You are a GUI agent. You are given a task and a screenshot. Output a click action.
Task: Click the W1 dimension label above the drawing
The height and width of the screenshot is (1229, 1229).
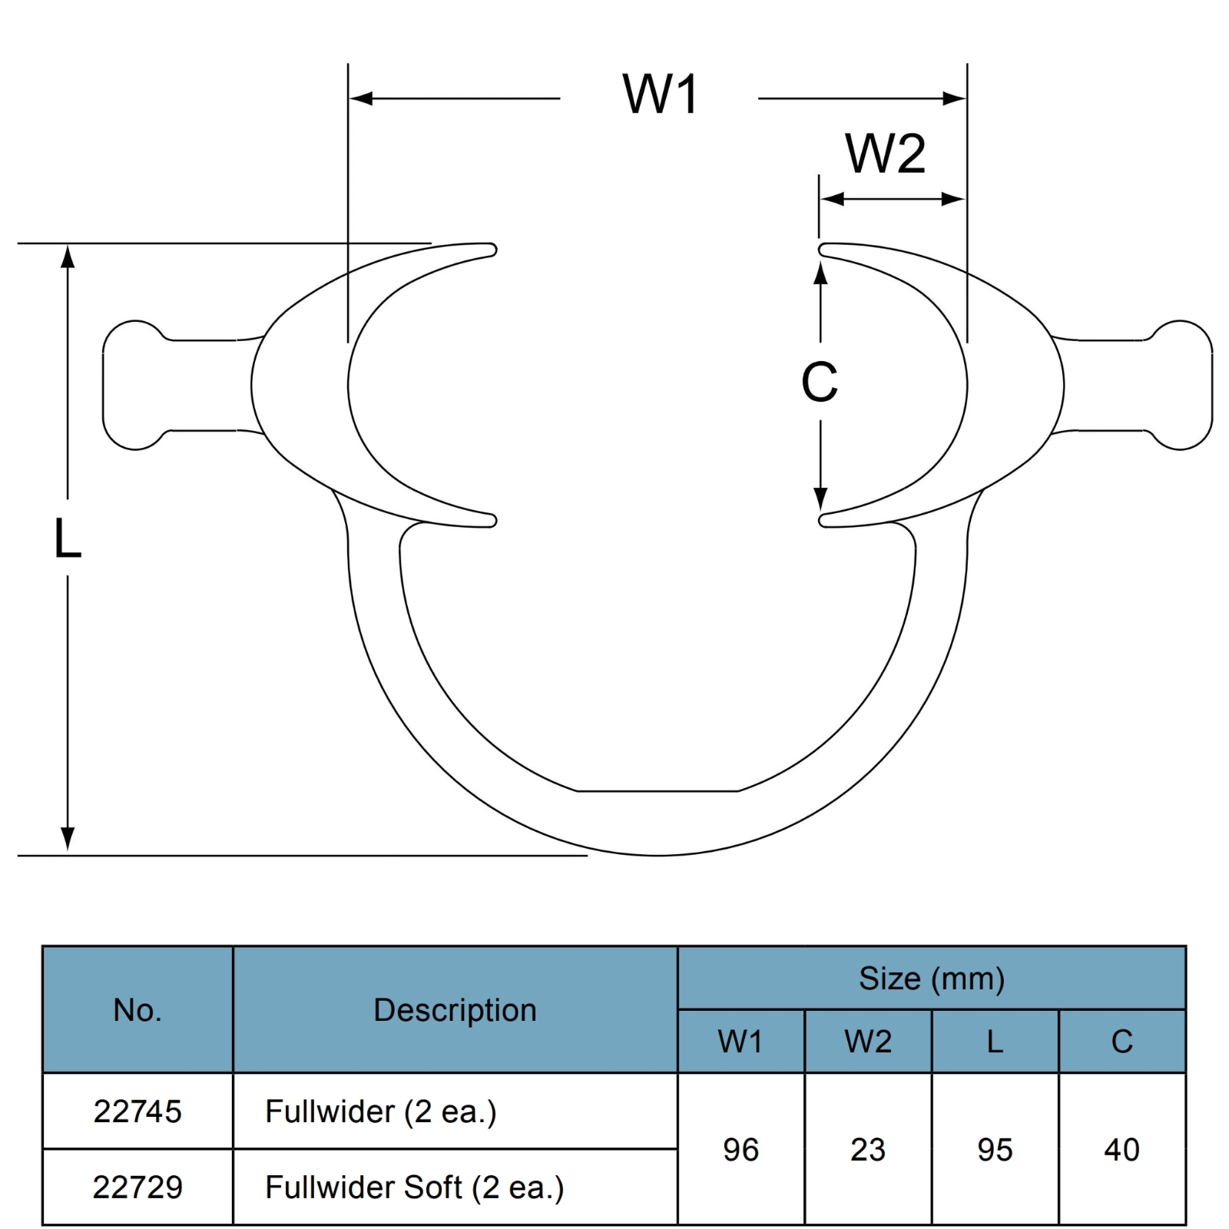(x=661, y=95)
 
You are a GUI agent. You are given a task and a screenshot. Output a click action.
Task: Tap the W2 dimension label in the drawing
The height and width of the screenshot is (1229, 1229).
(x=886, y=154)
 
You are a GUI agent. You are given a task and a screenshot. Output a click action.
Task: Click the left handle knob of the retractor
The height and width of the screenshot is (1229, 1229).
(x=134, y=385)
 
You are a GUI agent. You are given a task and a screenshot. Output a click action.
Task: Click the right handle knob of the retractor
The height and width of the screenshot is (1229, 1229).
(x=1181, y=385)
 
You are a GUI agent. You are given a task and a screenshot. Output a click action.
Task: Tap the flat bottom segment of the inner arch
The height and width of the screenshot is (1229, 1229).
(x=658, y=790)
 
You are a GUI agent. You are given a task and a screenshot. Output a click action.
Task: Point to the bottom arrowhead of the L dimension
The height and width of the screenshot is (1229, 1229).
(x=68, y=840)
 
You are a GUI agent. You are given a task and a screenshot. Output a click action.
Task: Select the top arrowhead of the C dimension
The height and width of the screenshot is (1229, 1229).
(x=820, y=273)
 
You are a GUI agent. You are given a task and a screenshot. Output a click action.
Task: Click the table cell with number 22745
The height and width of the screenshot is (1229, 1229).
(x=137, y=1111)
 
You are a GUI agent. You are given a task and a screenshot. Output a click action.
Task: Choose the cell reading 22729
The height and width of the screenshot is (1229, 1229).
(x=137, y=1188)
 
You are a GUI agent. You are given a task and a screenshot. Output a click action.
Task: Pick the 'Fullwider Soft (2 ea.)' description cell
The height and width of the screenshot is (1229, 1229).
(x=455, y=1188)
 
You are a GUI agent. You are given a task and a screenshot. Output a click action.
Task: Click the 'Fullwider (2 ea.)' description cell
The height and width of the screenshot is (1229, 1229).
(x=455, y=1111)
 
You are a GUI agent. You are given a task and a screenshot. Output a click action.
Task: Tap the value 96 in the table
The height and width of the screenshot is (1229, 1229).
(x=741, y=1150)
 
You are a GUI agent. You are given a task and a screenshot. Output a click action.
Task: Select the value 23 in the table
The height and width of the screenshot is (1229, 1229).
(x=868, y=1150)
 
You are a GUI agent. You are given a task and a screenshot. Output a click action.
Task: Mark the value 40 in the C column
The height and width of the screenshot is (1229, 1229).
(x=1121, y=1150)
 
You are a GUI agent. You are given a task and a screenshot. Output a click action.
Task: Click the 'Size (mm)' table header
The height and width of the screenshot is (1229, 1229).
(x=932, y=979)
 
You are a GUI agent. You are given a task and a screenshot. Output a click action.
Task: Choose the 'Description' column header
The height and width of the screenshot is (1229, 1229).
(x=455, y=1010)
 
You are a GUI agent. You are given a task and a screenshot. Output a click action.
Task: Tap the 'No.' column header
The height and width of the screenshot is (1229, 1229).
(x=137, y=1010)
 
